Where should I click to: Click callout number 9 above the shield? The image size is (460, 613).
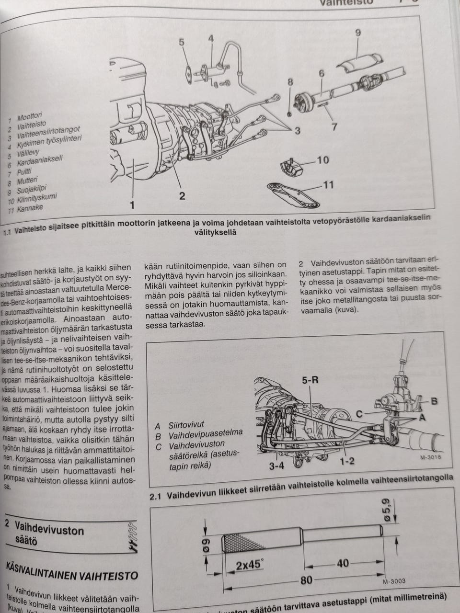point(357,33)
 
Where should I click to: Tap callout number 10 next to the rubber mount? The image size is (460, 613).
point(322,159)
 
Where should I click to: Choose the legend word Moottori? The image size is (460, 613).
point(30,116)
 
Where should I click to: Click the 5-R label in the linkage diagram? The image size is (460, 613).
point(310,381)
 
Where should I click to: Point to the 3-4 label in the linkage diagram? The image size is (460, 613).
point(276,465)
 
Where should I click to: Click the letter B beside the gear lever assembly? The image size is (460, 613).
point(434,401)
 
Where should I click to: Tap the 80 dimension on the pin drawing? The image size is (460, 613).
point(306,580)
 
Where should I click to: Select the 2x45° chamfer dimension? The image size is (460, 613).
point(249,565)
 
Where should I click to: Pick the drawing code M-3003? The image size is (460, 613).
point(394,581)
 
